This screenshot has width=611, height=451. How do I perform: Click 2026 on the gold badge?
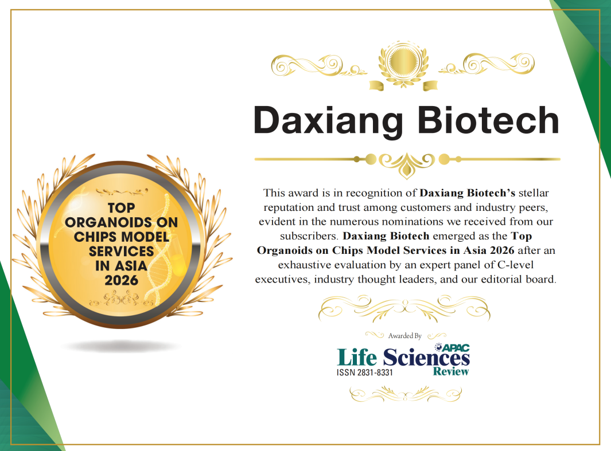[121, 280]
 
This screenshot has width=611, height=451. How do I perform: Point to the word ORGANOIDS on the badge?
[121, 222]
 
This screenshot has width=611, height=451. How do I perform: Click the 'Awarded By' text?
[404, 336]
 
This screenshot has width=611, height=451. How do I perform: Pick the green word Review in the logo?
[451, 371]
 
